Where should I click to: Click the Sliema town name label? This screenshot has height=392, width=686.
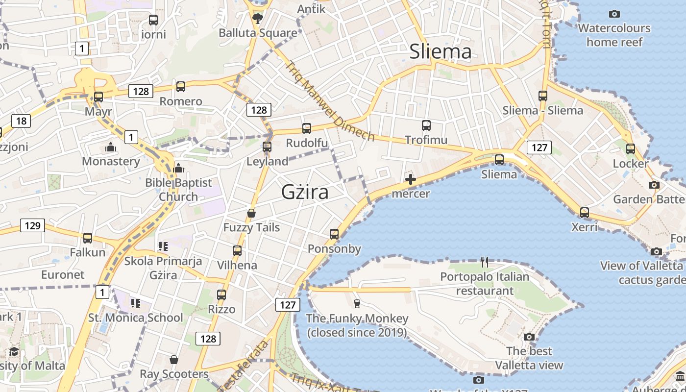[x=440, y=51]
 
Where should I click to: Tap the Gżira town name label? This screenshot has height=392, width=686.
[x=305, y=192]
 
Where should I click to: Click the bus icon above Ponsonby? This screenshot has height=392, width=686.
[x=334, y=234]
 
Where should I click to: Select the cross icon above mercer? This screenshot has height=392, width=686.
[x=411, y=180]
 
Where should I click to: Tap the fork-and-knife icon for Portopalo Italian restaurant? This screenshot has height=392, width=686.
[x=485, y=262]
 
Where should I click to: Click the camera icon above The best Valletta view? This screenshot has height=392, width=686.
[x=529, y=337]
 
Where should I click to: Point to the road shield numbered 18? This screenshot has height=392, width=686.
[x=21, y=121]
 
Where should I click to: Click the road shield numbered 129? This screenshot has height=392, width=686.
[x=32, y=225]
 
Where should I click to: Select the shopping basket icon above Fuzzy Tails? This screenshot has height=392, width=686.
[x=251, y=213]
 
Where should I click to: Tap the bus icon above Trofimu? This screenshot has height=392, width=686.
[x=426, y=125]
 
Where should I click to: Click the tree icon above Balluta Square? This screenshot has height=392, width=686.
[x=257, y=19]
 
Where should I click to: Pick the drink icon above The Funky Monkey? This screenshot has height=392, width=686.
[x=357, y=304]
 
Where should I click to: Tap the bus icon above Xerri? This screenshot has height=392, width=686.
[x=585, y=213]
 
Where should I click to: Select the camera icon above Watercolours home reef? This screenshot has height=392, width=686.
[x=614, y=14]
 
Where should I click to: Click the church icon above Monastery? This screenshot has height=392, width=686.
[x=111, y=147]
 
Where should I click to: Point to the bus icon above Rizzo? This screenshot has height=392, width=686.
[x=221, y=295]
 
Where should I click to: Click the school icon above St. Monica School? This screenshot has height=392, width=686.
[x=136, y=303]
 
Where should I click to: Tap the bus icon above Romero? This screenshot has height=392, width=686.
[x=181, y=87]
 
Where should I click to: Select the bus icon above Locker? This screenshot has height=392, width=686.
[x=631, y=148]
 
